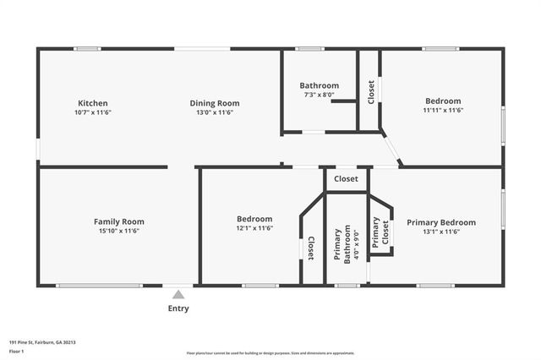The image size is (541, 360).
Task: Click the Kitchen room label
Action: point(92,103)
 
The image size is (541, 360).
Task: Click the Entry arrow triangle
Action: point(178,295)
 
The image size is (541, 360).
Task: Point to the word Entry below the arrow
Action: point(178,308)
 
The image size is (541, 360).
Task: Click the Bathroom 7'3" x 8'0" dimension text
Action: point(319,95)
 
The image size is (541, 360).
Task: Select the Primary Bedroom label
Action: point(440,222)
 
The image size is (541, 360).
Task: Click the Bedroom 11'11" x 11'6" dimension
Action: point(442,110)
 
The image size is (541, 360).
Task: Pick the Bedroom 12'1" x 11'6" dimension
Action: point(254,228)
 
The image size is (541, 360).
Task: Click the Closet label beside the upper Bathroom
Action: point(370,92)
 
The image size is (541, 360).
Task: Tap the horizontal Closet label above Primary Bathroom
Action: point(346,179)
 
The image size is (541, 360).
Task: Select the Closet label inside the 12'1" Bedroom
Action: point(311,246)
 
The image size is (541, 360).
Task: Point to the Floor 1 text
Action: point(16,350)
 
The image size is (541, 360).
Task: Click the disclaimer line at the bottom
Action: point(270,352)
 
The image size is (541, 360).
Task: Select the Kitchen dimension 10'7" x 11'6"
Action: point(92,112)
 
